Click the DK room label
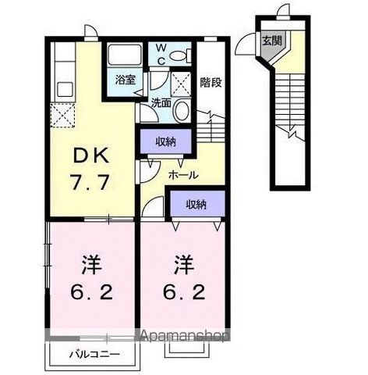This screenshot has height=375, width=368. tap(90, 156)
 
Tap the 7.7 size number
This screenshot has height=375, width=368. tap(90, 182)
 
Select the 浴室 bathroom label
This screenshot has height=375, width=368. tap(126, 80)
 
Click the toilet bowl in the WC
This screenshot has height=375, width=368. tap(179, 55)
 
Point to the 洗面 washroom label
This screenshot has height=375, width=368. tap(161, 103)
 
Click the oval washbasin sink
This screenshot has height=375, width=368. tap(182, 110)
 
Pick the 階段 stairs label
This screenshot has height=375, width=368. tap(211, 82)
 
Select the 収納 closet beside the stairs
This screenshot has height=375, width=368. tap(166, 142)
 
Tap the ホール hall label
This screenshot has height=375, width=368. tap(183, 175)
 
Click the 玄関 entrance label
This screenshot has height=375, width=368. tap(272, 41)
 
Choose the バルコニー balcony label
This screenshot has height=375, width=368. tap(94, 355)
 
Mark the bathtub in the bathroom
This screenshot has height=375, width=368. tap(125, 55)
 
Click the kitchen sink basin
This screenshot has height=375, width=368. tap(65, 89)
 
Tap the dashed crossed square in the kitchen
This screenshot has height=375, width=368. tap(62, 115)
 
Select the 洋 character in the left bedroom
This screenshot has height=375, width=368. tap(91, 264)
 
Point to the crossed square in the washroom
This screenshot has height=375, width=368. tap(181, 80)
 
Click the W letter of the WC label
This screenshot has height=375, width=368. tap(161, 48)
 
